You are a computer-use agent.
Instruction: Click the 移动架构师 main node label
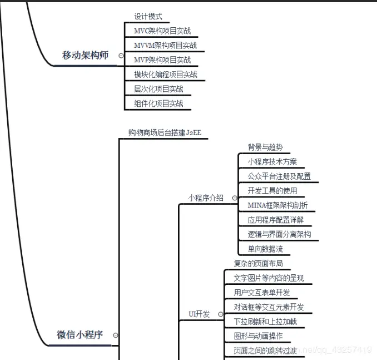pos(85,55)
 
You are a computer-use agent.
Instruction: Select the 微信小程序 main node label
pos(80,335)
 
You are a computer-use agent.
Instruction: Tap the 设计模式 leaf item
pos(148,17)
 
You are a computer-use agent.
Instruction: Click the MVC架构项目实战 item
pos(162,31)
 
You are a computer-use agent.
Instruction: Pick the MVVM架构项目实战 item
pos(165,46)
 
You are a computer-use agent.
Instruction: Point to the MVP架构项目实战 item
pos(162,60)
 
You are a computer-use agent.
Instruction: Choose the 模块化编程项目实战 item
pos(166,75)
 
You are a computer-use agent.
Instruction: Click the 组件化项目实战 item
pos(158,103)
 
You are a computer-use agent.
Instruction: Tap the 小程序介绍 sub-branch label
pos(206,198)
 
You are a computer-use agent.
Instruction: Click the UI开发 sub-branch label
pos(199,314)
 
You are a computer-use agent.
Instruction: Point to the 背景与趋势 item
pos(265,147)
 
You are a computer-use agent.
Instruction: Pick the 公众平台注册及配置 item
pos(279,176)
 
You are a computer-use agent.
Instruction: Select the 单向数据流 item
pos(265,249)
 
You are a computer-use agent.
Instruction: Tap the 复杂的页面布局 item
pos(258,263)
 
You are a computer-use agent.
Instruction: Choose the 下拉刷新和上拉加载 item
pos(265,322)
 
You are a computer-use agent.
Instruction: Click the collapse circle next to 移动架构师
pos(121,56)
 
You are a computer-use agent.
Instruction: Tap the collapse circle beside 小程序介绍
pos(235,198)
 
